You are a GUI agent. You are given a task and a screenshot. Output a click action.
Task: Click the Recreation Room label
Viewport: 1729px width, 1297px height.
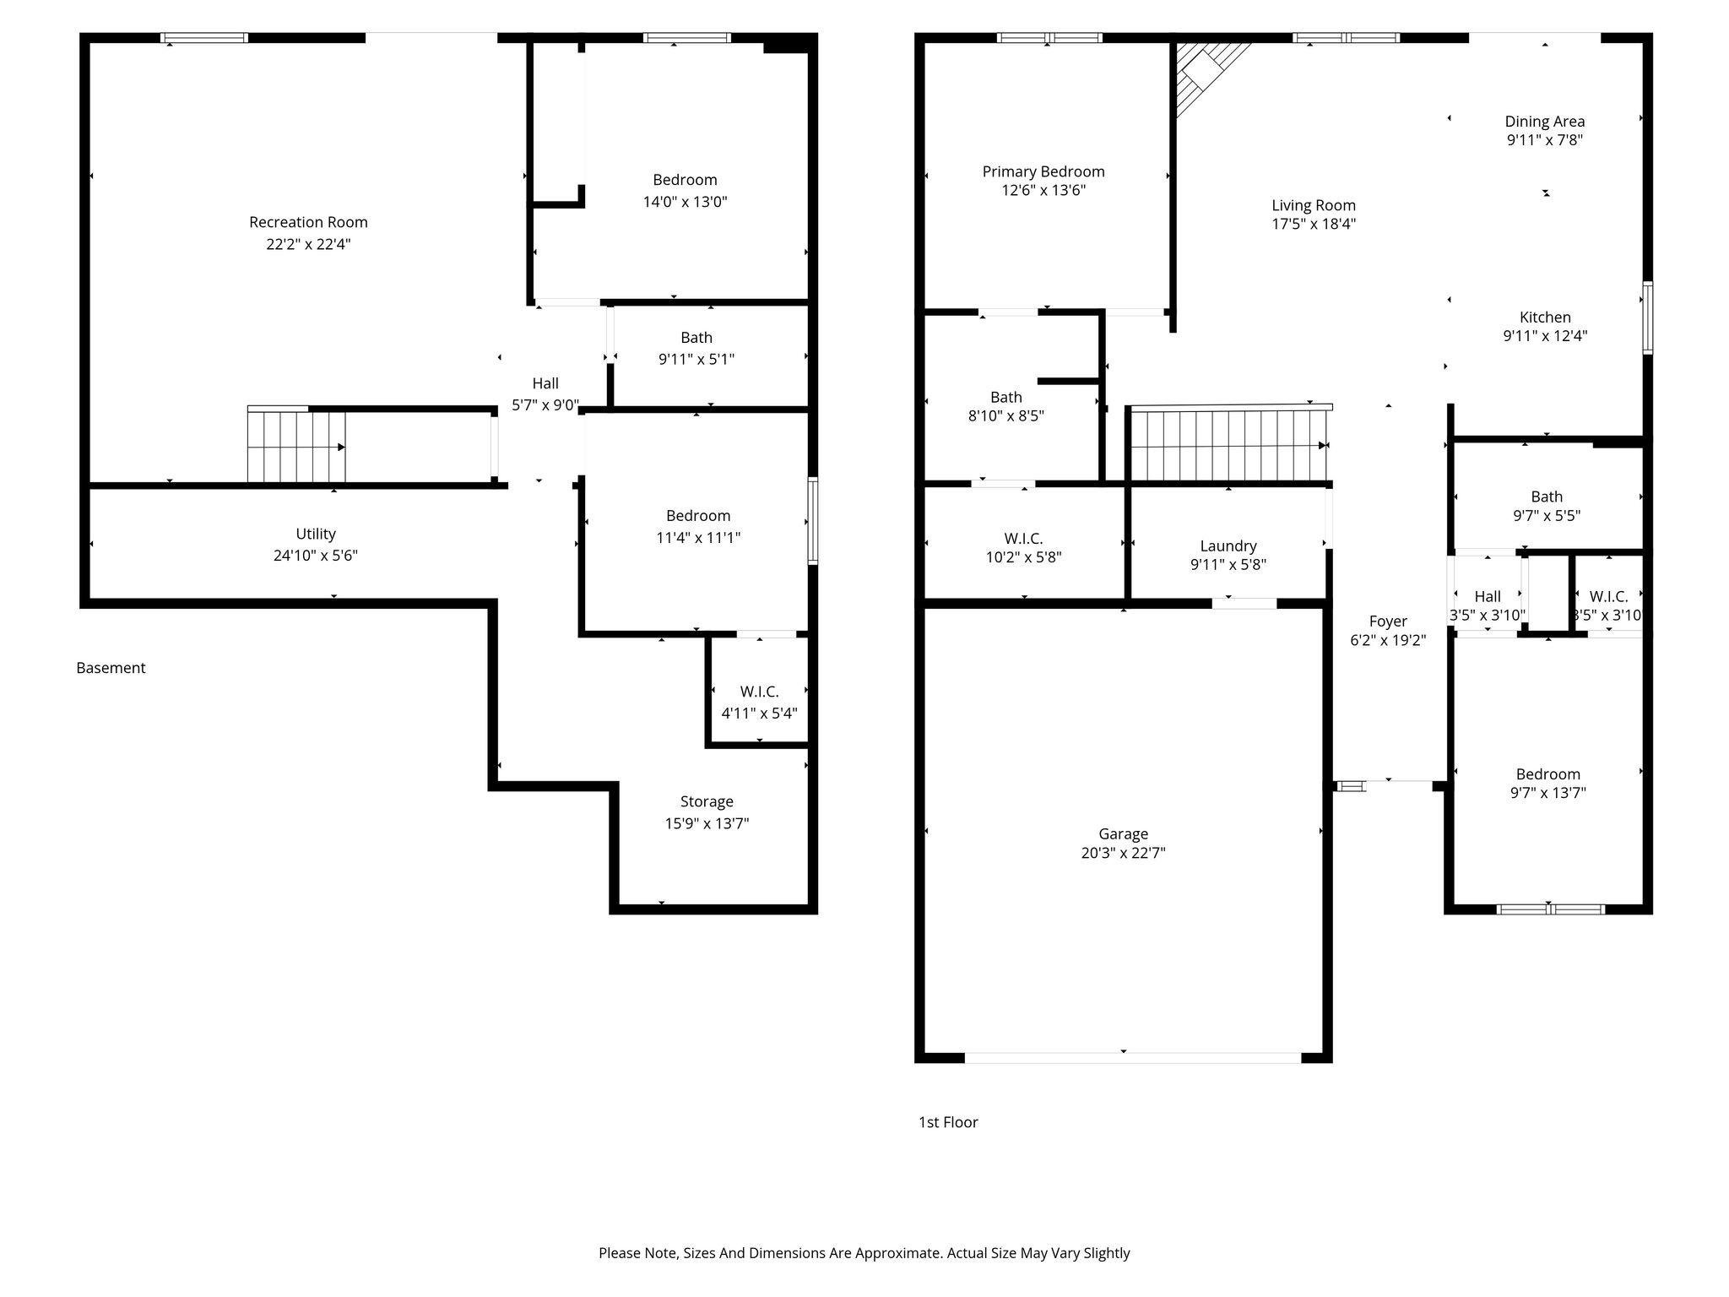(x=308, y=222)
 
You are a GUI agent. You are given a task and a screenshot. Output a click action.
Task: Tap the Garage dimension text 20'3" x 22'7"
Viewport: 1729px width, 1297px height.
(x=1123, y=853)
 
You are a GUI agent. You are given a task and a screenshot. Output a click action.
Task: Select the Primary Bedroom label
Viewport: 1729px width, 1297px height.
(x=1043, y=171)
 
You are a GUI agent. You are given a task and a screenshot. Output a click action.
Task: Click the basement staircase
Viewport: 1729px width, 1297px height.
(x=296, y=446)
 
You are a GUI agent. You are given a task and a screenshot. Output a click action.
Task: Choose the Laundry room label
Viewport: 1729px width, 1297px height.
(x=1228, y=546)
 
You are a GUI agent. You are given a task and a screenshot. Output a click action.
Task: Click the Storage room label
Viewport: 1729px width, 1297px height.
(x=707, y=801)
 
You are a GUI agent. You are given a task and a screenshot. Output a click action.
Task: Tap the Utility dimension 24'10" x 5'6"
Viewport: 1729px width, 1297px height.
(x=316, y=556)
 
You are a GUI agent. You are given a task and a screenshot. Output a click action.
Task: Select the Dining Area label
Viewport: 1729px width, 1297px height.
(x=1545, y=122)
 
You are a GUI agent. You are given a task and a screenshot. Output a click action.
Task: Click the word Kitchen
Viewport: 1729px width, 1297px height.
(x=1545, y=317)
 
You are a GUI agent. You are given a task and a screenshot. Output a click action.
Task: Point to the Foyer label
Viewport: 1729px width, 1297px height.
(x=1388, y=621)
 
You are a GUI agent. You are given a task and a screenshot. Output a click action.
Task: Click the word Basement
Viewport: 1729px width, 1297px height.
(x=111, y=668)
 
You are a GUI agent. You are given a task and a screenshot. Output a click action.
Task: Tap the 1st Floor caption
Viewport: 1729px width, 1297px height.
(x=948, y=1122)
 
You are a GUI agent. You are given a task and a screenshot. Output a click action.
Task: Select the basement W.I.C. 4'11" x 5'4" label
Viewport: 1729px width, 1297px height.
(x=759, y=703)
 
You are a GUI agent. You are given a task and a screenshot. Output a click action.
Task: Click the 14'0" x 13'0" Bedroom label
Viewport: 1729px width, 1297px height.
(x=685, y=191)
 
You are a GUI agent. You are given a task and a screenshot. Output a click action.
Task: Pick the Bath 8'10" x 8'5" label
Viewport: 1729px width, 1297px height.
(x=1006, y=406)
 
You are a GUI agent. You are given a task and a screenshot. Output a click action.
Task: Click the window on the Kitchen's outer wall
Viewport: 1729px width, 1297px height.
(x=1647, y=317)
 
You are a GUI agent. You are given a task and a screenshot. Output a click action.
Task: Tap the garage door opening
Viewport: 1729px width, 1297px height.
(x=1133, y=1057)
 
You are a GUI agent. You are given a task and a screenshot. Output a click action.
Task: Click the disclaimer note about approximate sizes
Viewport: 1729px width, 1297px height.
(x=864, y=1253)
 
